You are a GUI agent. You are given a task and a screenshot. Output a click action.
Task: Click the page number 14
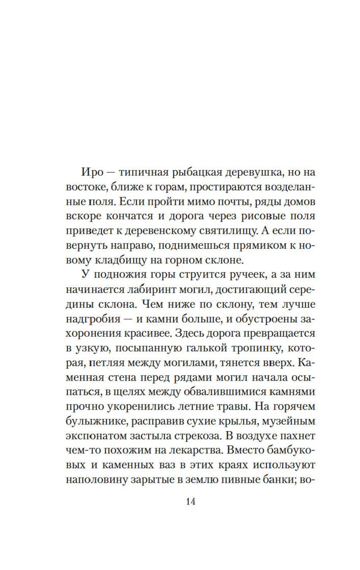pyautogui.click(x=190, y=502)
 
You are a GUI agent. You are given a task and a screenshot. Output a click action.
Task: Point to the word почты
pyautogui.click(x=229, y=202)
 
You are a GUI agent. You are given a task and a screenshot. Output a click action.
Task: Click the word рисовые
pyautogui.click(x=256, y=216)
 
